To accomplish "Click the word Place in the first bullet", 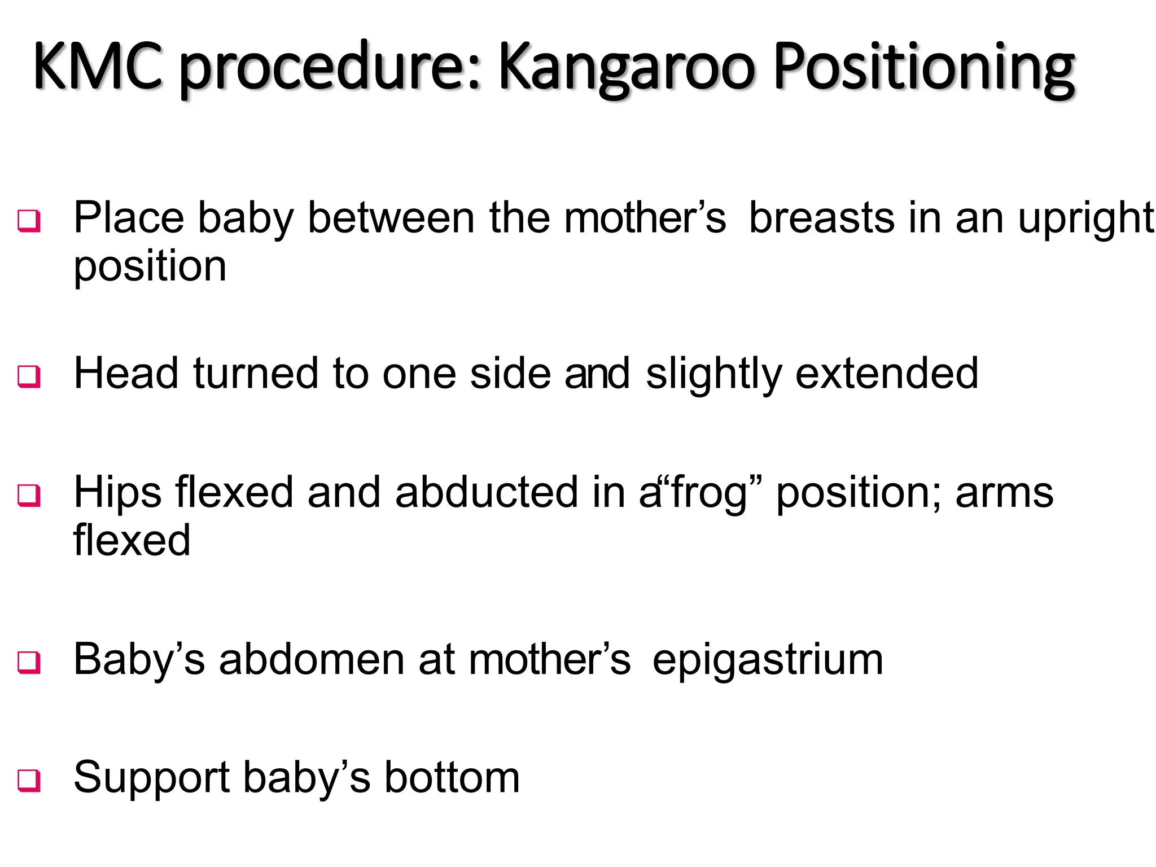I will pos(129,218).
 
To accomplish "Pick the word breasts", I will pos(821,218).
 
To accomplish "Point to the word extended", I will pos(887,374).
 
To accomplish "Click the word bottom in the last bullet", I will pos(452,778).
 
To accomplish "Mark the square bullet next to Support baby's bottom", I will pos(29,781).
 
